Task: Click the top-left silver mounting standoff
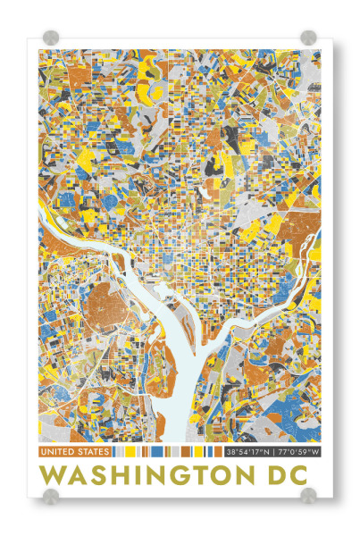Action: click(51, 38)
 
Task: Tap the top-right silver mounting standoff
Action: click(308, 38)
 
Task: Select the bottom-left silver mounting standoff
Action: click(51, 496)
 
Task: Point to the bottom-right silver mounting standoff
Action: click(308, 496)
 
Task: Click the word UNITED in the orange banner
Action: click(58, 453)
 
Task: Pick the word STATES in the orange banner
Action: click(92, 453)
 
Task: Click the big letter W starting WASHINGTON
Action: click(54, 474)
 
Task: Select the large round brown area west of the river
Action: click(106, 309)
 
